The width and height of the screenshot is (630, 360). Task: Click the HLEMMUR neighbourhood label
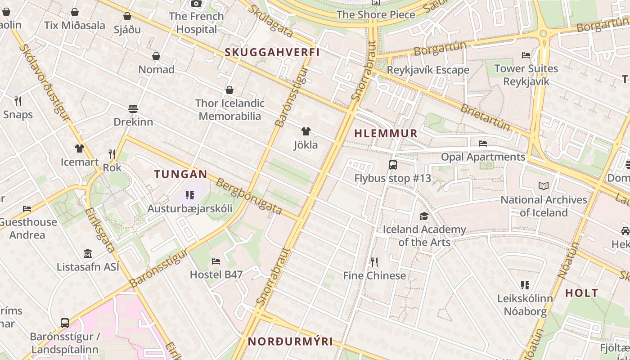coord(386,134)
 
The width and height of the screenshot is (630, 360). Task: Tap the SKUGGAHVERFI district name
coord(272,52)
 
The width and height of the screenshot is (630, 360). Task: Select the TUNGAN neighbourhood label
coord(181,174)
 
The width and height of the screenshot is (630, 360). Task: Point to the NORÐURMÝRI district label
coord(291,342)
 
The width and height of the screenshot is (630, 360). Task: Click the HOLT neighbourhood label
coord(582,293)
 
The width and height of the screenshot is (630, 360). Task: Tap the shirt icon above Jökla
coord(306,131)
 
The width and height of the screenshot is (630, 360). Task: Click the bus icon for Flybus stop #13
coord(393,165)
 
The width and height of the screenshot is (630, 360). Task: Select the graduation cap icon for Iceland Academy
coord(424,216)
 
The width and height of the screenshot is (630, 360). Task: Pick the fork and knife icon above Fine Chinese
coord(374,262)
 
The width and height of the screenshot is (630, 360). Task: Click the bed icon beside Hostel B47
coord(216,261)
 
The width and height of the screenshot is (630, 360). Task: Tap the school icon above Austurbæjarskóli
coord(190,195)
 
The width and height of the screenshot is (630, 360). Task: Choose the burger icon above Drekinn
coord(133,108)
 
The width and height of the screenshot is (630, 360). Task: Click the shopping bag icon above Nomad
coord(156,56)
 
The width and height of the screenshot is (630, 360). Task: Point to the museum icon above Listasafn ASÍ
coord(88,254)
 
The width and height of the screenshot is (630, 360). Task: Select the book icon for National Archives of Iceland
coord(544,186)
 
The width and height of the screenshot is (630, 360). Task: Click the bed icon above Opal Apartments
coord(483,144)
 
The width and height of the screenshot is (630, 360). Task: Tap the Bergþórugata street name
coord(249,196)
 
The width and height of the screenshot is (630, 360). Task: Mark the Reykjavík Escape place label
coord(428,70)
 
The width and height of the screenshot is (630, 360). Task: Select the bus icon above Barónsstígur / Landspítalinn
coord(65,323)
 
